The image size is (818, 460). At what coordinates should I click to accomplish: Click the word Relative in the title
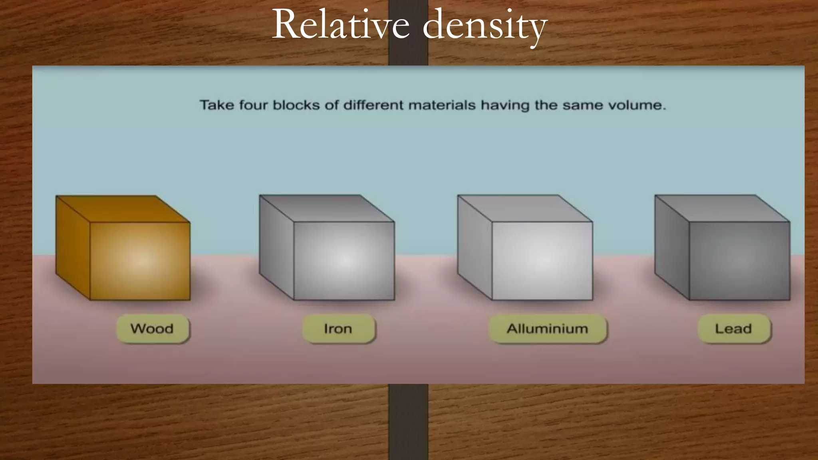click(x=341, y=25)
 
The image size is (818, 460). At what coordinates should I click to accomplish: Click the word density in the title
click(x=484, y=26)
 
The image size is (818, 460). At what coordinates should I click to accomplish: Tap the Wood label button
click(x=152, y=329)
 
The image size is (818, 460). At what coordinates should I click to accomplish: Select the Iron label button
click(x=338, y=329)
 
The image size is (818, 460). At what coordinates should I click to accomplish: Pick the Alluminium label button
click(x=547, y=329)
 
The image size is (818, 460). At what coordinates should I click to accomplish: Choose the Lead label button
click(x=733, y=329)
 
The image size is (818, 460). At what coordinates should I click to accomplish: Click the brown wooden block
click(x=140, y=261)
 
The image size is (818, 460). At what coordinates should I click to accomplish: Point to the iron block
click(x=343, y=261)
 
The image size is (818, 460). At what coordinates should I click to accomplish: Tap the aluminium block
click(x=542, y=261)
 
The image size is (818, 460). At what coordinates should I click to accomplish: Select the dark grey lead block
click(x=739, y=261)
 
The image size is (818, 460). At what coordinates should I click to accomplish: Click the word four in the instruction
click(x=253, y=105)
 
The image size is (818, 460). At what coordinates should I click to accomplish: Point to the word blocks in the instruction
click(x=296, y=105)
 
